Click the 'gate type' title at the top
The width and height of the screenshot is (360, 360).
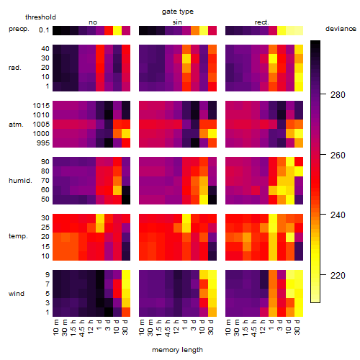(178, 12)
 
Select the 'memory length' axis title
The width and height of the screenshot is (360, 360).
(177, 350)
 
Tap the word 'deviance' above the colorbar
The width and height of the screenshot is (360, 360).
(341, 29)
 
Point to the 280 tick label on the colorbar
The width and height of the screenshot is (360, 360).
(338, 95)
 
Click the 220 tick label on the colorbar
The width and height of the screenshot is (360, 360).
(338, 275)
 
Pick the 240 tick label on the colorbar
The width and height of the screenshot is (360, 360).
(338, 215)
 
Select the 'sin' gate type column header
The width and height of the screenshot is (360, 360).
(177, 22)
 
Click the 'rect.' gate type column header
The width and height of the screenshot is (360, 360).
(262, 22)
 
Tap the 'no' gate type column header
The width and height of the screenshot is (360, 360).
(93, 22)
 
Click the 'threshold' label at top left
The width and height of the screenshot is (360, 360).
(40, 17)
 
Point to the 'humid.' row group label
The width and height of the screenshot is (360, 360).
(20, 181)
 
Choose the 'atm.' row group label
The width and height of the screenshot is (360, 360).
(16, 125)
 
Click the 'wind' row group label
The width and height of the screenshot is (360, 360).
(17, 294)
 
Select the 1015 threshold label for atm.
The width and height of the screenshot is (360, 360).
(41, 106)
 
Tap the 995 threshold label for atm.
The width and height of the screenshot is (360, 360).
(43, 143)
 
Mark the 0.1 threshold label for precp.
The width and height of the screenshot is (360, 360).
(44, 30)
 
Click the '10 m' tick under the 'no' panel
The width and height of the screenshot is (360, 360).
(55, 328)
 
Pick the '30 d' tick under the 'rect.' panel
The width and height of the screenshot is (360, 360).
(297, 327)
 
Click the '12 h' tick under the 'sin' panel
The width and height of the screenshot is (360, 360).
(176, 327)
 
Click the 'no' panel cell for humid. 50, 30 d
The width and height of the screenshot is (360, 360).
(126, 199)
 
